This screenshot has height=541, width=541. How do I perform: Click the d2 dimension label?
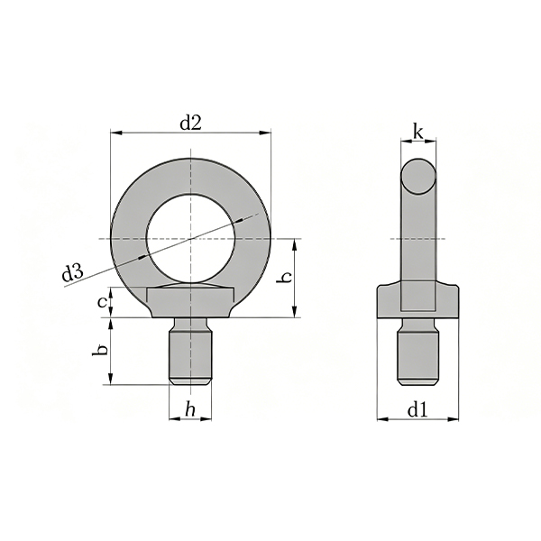click(x=190, y=123)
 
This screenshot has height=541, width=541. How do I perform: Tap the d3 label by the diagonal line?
click(x=72, y=273)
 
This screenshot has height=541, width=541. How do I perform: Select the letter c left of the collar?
click(x=103, y=302)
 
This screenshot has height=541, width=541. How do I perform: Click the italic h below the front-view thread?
click(x=190, y=410)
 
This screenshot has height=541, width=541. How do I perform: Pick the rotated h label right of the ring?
click(x=285, y=277)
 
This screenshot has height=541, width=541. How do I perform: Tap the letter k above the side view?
click(x=418, y=133)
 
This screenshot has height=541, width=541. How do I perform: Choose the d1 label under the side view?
click(x=417, y=410)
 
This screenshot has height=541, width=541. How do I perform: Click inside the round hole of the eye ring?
click(x=191, y=239)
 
